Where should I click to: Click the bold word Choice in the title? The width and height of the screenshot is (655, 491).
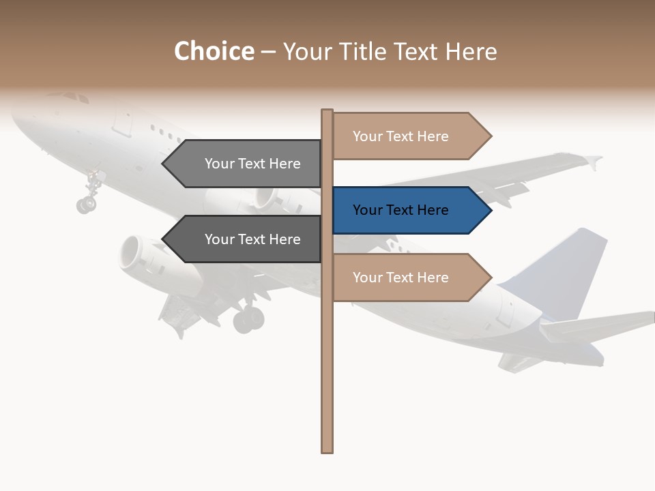click(214, 52)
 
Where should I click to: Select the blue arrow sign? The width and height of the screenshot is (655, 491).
click(409, 211)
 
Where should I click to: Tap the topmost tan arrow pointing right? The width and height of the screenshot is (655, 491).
click(409, 136)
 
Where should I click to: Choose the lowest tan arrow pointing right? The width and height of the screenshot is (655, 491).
click(409, 278)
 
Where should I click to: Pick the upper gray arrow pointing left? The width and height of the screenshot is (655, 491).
click(246, 164)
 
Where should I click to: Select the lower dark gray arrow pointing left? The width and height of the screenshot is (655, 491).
click(246, 239)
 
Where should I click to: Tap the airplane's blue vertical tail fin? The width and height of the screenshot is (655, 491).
click(566, 269)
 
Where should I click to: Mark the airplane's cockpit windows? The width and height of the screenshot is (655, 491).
click(75, 98)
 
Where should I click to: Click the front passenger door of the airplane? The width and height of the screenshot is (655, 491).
click(123, 119)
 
